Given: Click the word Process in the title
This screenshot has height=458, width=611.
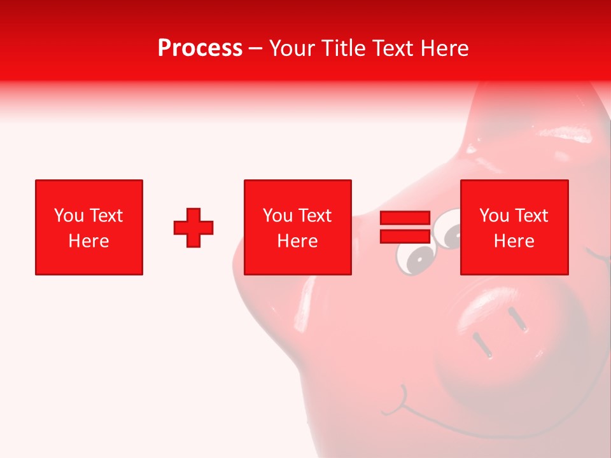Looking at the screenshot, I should [200, 48].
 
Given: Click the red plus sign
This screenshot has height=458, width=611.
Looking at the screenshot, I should [193, 228].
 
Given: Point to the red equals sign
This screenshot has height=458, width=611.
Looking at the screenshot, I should [405, 227].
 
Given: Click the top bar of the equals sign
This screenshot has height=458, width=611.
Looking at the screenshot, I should [405, 218].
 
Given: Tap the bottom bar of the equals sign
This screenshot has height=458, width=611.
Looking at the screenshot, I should [405, 236].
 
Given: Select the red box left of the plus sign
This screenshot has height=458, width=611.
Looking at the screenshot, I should [89, 227].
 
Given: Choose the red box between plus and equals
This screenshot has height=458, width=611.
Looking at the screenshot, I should [298, 227].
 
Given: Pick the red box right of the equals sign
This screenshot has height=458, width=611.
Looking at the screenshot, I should [514, 227].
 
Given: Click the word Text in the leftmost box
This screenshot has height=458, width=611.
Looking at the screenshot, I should [106, 216].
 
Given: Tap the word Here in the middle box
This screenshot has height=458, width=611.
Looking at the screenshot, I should [298, 241].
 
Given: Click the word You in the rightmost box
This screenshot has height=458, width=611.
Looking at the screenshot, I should [494, 216].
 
